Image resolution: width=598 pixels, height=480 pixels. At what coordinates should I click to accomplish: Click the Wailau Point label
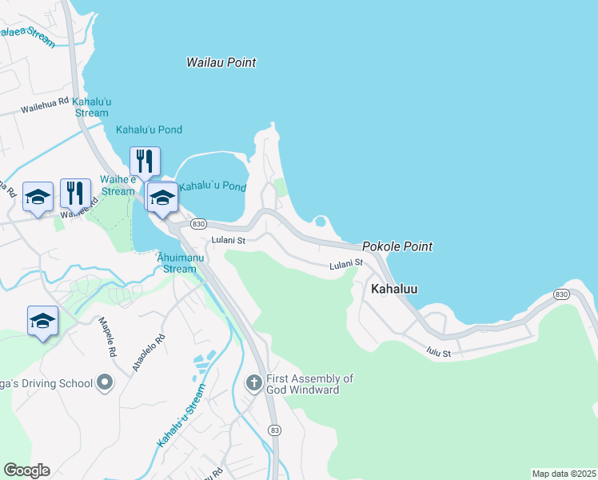[x=221, y=62]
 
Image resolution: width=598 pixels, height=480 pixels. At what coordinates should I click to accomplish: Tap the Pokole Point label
[x=397, y=246]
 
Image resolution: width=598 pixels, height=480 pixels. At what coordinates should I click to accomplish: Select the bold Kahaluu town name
[x=394, y=289]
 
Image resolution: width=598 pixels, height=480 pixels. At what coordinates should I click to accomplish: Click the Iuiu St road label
[x=439, y=352]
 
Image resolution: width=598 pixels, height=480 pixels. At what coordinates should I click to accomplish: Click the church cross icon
[x=254, y=384]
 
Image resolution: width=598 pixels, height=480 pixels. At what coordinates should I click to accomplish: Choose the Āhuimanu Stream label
[x=175, y=262]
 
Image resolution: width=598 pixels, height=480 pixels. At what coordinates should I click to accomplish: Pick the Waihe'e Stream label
[x=118, y=186]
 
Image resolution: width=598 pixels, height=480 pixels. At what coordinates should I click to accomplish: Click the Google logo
[x=26, y=470]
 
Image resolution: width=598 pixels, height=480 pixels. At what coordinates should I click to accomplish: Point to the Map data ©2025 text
[x=564, y=473]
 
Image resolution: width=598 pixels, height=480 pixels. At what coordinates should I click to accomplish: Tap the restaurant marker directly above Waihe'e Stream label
[x=145, y=162]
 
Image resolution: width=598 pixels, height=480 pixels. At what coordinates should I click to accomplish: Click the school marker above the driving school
[x=42, y=322]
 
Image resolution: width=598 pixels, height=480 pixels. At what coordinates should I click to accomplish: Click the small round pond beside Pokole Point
[x=321, y=221]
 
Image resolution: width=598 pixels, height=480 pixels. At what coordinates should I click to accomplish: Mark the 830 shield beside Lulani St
[x=199, y=225]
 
